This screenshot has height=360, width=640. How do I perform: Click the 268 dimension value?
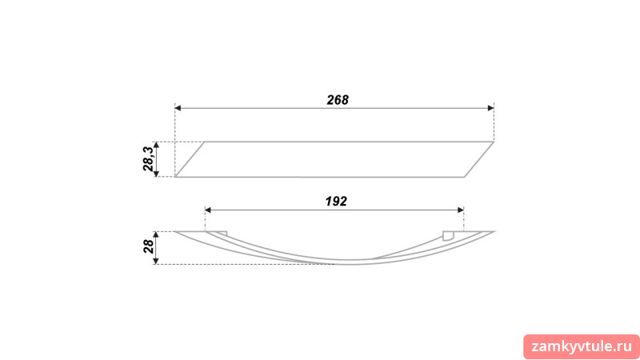click(338, 100)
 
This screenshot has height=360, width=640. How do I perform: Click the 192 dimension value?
click(336, 202)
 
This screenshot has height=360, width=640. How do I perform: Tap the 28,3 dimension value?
click(149, 158)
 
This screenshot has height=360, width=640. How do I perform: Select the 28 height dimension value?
click(149, 246)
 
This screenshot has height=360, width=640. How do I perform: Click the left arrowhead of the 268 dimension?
click(178, 108)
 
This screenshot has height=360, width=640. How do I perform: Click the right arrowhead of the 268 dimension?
click(490, 108)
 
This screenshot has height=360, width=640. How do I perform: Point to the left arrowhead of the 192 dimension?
click(208, 210)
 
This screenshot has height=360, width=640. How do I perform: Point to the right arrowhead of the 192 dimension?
click(461, 210)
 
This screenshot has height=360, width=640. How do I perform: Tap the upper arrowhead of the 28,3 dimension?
click(156, 146)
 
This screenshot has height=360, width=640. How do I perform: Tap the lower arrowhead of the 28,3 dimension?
click(156, 174)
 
